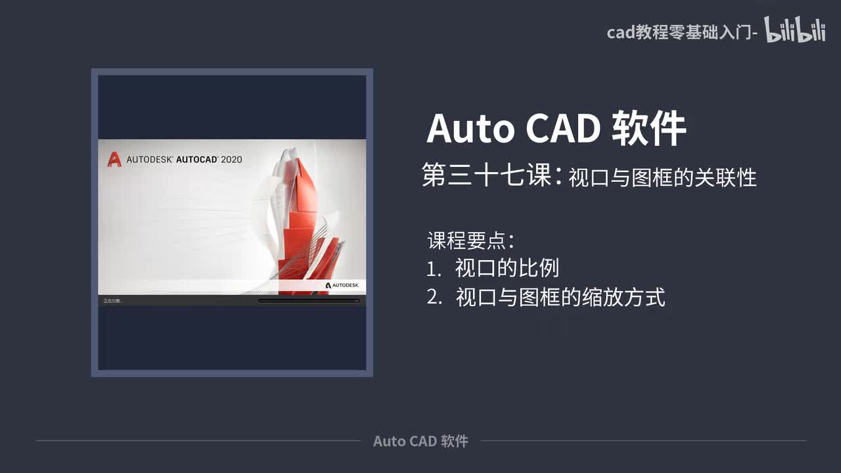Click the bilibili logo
(x=794, y=31)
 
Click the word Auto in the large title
(x=470, y=129)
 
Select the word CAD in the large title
(x=562, y=129)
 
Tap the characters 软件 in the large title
(x=648, y=129)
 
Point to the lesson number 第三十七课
(x=487, y=176)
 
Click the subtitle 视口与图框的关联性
(x=662, y=177)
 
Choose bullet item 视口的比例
(x=507, y=268)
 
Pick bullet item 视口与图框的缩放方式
(x=560, y=297)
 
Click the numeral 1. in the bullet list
(x=434, y=269)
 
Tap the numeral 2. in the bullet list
(x=434, y=298)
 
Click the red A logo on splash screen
(x=114, y=159)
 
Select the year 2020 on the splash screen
(x=231, y=159)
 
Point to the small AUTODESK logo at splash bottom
(x=342, y=285)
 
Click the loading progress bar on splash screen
(x=309, y=301)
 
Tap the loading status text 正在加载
(x=112, y=301)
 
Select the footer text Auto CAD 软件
(x=420, y=441)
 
